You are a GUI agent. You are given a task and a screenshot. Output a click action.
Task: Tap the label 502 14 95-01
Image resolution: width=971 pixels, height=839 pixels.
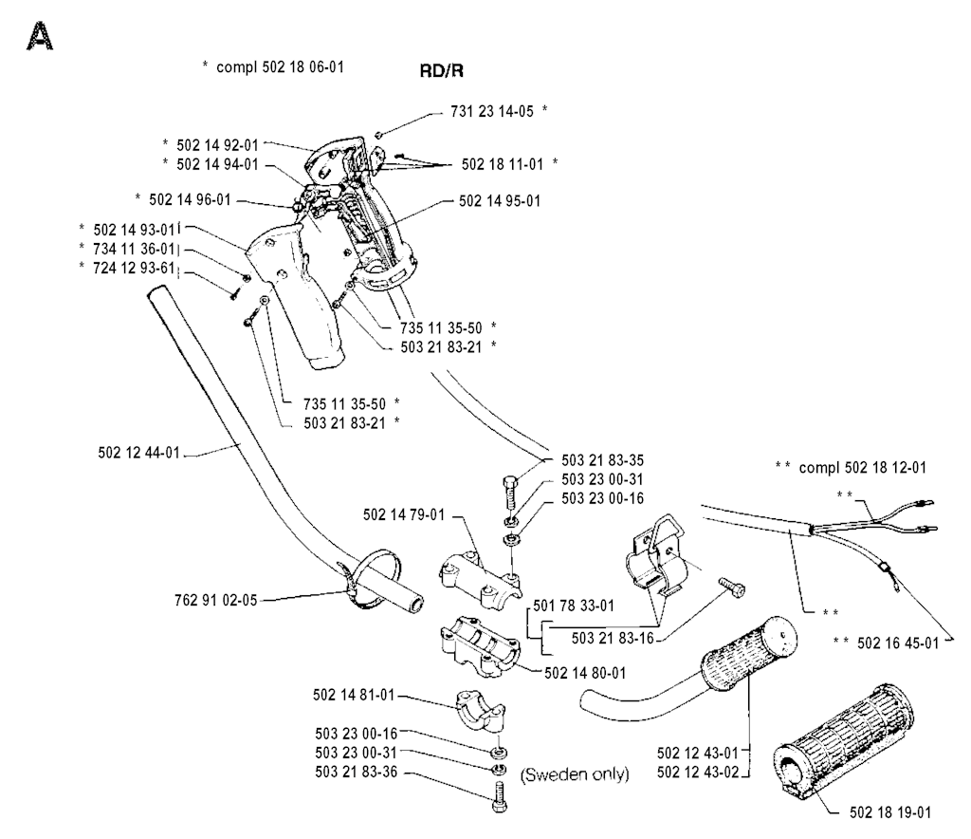coord(500,201)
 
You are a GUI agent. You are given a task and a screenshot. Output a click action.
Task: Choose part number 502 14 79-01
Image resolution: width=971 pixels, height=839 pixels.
coord(404,515)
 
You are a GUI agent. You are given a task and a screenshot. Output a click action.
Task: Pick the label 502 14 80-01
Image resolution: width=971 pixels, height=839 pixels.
coord(585,673)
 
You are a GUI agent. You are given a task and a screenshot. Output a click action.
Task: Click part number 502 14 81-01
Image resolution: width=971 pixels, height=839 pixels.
coord(353,696)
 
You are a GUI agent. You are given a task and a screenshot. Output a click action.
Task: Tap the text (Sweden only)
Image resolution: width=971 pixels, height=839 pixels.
coord(575,774)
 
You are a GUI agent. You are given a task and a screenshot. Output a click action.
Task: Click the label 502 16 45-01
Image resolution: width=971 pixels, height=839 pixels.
coord(897,643)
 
